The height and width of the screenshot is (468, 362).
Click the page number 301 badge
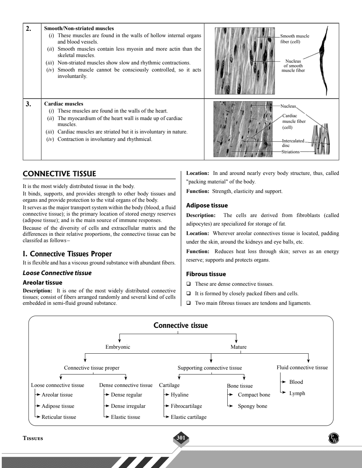click(x=181, y=438)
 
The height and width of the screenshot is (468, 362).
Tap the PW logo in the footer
click(x=333, y=438)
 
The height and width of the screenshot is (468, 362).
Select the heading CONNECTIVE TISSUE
click(x=59, y=174)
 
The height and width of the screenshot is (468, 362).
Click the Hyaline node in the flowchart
click(x=180, y=395)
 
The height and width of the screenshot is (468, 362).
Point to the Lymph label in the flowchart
click(x=297, y=393)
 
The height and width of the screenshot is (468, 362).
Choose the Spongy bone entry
click(x=252, y=406)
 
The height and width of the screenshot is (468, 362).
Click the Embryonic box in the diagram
click(x=118, y=347)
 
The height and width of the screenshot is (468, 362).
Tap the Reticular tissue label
click(x=59, y=417)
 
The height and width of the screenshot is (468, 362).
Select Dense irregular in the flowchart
click(x=128, y=406)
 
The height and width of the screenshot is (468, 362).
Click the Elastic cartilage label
click(x=188, y=417)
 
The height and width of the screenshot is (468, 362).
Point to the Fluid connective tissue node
click(x=302, y=367)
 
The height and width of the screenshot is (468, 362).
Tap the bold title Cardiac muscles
click(x=64, y=104)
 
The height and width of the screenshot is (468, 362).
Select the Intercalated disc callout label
click(x=293, y=143)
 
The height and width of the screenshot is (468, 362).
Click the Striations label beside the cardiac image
click(x=290, y=152)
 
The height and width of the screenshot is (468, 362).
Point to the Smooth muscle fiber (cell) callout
click(x=294, y=39)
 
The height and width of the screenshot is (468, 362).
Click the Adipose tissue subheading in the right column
click(x=207, y=205)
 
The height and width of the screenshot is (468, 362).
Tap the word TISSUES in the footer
click(x=33, y=438)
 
